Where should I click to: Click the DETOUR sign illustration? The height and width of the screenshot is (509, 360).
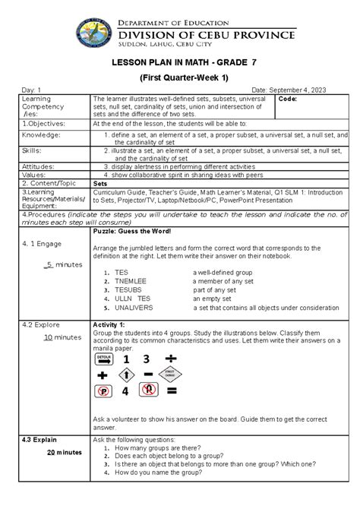105,358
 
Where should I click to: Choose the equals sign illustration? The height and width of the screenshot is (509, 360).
172,392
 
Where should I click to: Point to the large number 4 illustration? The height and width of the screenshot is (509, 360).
125,392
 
